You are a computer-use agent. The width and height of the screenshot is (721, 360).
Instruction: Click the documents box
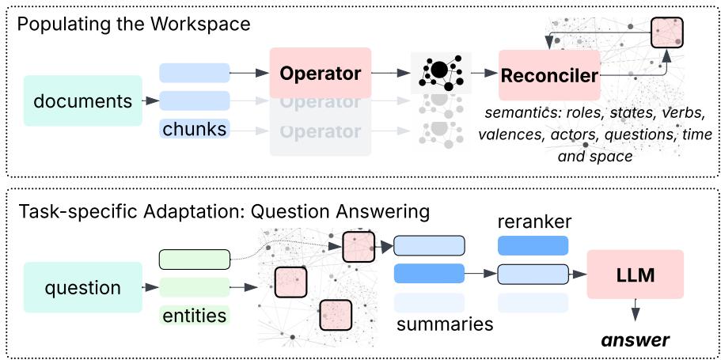(x=83, y=100)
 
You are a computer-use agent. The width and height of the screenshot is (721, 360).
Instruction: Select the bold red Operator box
(x=320, y=74)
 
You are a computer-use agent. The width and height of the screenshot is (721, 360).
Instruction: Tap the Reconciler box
(x=548, y=76)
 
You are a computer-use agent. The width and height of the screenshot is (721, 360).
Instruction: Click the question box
(x=83, y=287)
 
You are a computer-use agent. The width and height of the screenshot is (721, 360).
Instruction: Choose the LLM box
(x=635, y=274)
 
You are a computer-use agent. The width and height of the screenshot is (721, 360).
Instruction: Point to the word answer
(x=634, y=340)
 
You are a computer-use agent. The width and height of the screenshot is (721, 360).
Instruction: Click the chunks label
(x=194, y=127)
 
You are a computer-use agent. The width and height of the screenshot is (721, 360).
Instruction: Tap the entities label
(x=194, y=315)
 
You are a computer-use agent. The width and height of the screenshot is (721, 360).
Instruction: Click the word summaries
(x=444, y=324)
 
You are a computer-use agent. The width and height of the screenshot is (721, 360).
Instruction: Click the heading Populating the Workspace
(x=134, y=25)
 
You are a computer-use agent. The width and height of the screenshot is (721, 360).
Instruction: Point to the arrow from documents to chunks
(x=150, y=100)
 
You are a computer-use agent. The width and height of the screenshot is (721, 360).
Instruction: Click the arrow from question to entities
(x=150, y=287)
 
